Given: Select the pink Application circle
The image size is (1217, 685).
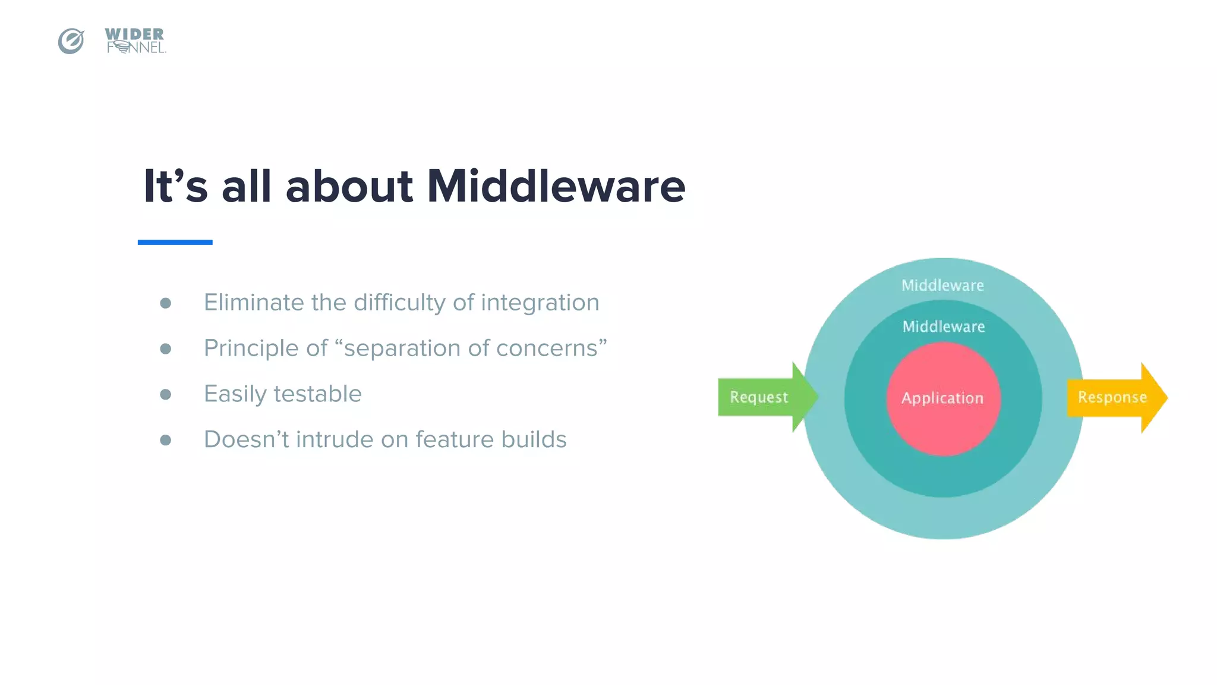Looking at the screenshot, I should (x=943, y=399).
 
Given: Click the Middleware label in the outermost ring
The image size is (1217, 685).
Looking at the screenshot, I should (x=942, y=285).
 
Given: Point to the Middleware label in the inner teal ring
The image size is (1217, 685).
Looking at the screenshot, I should (x=944, y=326).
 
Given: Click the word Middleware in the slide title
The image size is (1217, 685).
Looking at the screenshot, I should (x=556, y=186).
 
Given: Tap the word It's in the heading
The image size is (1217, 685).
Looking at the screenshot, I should (x=176, y=186).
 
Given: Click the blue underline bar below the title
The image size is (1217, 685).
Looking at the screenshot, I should (x=175, y=242).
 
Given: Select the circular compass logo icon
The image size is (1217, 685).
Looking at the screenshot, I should (x=71, y=41).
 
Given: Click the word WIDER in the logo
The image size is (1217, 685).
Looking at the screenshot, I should (x=134, y=34).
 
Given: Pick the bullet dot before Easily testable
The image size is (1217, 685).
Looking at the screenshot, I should (x=166, y=394).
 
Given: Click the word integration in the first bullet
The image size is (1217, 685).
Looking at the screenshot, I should (x=540, y=303).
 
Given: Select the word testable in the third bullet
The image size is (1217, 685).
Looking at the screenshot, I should (x=317, y=394).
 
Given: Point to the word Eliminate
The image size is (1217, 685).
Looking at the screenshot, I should (x=254, y=303).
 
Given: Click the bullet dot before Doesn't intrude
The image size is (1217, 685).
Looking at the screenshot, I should (x=166, y=440).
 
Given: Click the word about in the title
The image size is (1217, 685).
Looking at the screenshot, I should (x=349, y=186).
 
